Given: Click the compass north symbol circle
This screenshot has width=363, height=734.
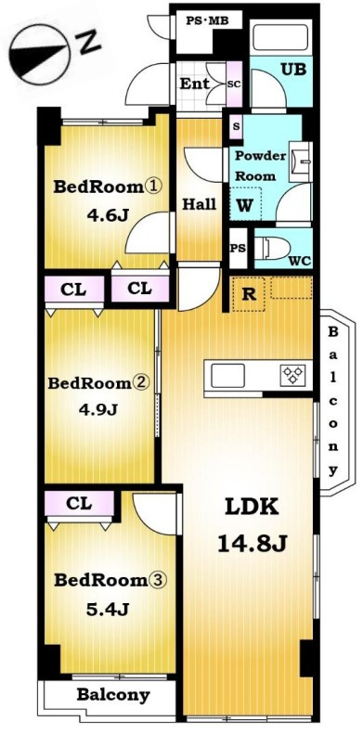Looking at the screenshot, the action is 39,55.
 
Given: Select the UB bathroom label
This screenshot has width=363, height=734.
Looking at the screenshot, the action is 293,70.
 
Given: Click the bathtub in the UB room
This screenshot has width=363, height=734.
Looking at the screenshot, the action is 280,37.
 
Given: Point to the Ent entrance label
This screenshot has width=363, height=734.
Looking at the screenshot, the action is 195,84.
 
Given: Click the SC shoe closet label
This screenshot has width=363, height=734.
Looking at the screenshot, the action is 234,84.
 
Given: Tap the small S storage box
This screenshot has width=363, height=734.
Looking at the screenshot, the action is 236,126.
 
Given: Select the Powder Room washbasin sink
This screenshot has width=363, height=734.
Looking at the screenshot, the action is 301,161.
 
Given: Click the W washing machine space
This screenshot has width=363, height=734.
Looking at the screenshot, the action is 245,203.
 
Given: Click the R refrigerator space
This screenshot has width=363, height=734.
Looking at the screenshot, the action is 249,294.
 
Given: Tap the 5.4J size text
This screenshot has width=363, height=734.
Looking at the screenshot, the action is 108,609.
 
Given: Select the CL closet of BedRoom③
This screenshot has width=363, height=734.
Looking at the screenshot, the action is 80,503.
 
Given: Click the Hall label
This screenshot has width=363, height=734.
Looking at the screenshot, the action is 199,204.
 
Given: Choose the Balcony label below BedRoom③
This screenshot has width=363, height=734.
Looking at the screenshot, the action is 113,695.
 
